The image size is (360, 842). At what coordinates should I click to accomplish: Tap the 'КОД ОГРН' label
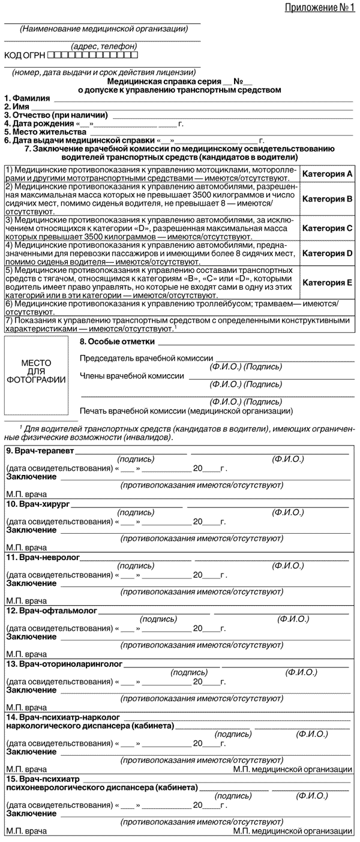pos(24,56)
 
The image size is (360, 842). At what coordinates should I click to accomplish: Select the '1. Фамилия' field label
pos(27,98)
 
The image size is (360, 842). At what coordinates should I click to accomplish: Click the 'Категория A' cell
pos(327,174)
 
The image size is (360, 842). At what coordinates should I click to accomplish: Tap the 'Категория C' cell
pos(327,228)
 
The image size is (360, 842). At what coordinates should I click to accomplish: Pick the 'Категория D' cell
pos(327,253)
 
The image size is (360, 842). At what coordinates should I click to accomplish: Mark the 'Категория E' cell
pos(327,282)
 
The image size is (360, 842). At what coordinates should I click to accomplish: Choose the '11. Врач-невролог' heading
pos(38,558)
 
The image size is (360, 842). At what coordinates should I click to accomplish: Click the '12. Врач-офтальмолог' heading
pos(48,611)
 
